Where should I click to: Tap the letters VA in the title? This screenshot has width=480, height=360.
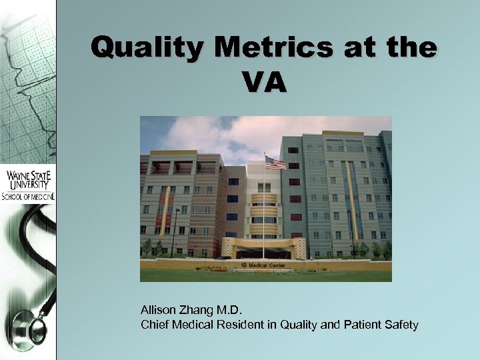pos(265,83)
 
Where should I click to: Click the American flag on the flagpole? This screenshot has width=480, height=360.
pos(275,163)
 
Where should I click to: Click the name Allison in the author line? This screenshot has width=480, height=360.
pos(157,311)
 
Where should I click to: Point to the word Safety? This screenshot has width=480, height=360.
pos(402,325)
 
